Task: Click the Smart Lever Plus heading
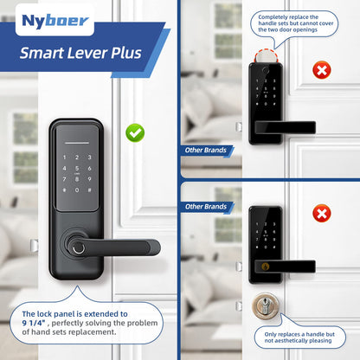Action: pyautogui.click(x=81, y=53)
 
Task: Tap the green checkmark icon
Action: pyautogui.click(x=135, y=132)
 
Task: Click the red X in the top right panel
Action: pyautogui.click(x=321, y=70)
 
